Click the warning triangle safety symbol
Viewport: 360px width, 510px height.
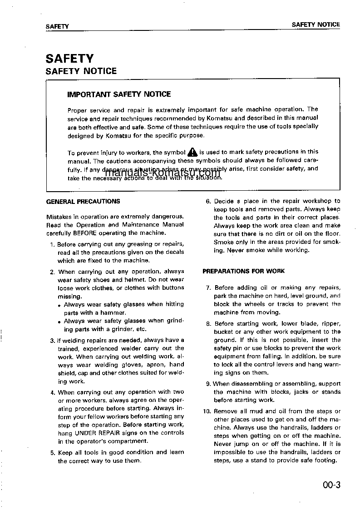coord(192,152)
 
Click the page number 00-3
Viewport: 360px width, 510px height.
coord(331,485)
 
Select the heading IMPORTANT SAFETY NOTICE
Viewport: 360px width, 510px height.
coord(119,94)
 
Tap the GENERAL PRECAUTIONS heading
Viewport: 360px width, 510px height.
coord(83,201)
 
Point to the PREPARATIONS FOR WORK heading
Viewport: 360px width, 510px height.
coord(243,271)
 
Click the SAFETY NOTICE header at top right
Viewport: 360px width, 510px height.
coord(316,25)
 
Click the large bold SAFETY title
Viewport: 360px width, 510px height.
coord(69,59)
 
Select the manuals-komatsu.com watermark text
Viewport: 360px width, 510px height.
coord(163,173)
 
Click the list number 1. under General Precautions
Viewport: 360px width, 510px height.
coord(53,244)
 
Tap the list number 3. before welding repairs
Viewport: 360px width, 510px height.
coord(53,341)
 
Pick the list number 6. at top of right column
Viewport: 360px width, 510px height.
coord(208,201)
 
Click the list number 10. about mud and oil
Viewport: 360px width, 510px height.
coord(207,411)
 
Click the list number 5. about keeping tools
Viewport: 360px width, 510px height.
coord(53,453)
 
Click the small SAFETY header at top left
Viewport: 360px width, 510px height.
coord(57,26)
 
